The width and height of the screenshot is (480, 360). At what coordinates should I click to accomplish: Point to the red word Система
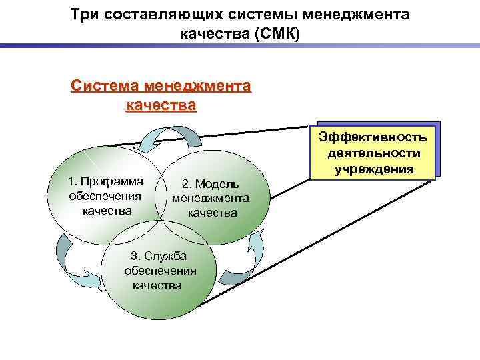[102, 86]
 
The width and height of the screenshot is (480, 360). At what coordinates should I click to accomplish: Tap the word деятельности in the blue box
[373, 153]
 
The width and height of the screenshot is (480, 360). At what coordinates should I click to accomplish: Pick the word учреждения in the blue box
[373, 169]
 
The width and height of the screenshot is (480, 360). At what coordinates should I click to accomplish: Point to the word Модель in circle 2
[219, 185]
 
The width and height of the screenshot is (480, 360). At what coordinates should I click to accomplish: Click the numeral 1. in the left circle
[74, 181]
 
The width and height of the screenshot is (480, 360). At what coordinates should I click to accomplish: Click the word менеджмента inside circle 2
[211, 199]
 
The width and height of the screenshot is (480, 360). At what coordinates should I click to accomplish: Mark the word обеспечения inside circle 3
[160, 271]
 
